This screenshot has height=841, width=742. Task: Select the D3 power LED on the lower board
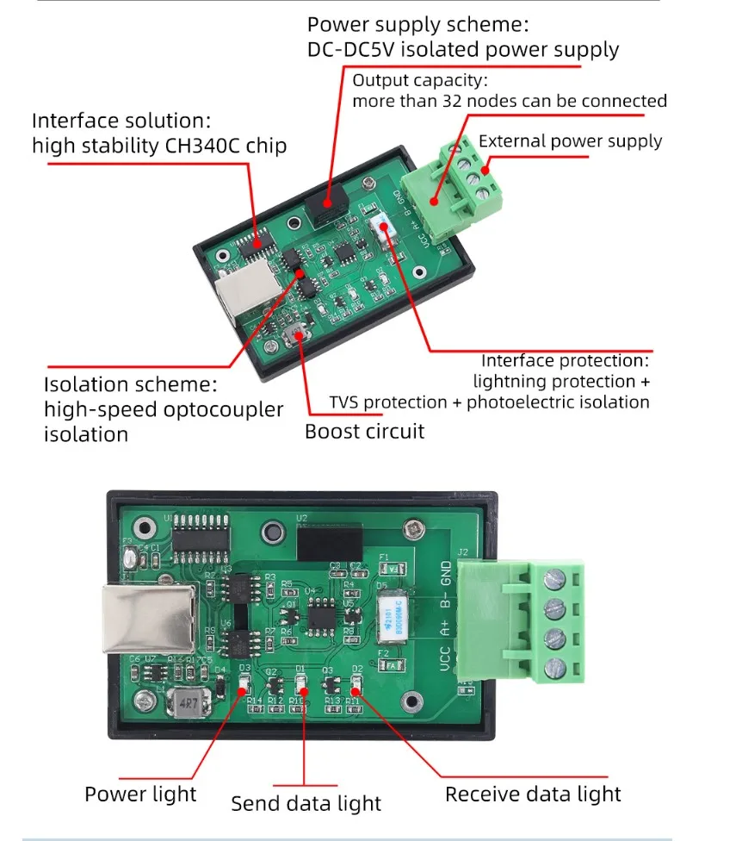point(244,685)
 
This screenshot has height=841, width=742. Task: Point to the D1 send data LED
point(301,685)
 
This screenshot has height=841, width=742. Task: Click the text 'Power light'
point(140,794)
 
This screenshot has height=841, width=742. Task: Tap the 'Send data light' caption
point(306,804)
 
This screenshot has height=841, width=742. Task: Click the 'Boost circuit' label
point(364,431)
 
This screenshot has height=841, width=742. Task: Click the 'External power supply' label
point(570,141)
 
